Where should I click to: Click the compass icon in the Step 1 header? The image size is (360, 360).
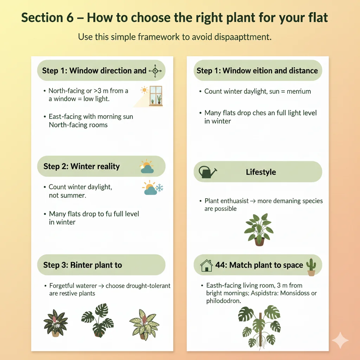pyautogui.click(x=155, y=71)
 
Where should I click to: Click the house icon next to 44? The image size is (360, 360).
pyautogui.click(x=206, y=265)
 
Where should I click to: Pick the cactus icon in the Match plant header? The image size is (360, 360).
pyautogui.click(x=311, y=266)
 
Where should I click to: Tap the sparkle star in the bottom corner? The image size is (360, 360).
pyautogui.click(x=340, y=340)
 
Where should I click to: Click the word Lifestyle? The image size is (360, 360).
pyautogui.click(x=261, y=172)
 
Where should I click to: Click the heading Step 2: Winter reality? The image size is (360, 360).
pyautogui.click(x=82, y=166)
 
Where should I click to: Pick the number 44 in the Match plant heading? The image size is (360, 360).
pyautogui.click(x=221, y=265)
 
